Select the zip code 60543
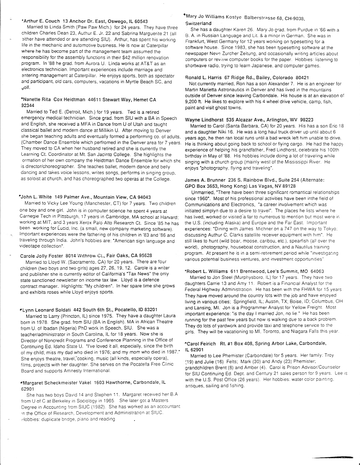coord(139,21)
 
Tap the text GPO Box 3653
coord(202,186)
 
